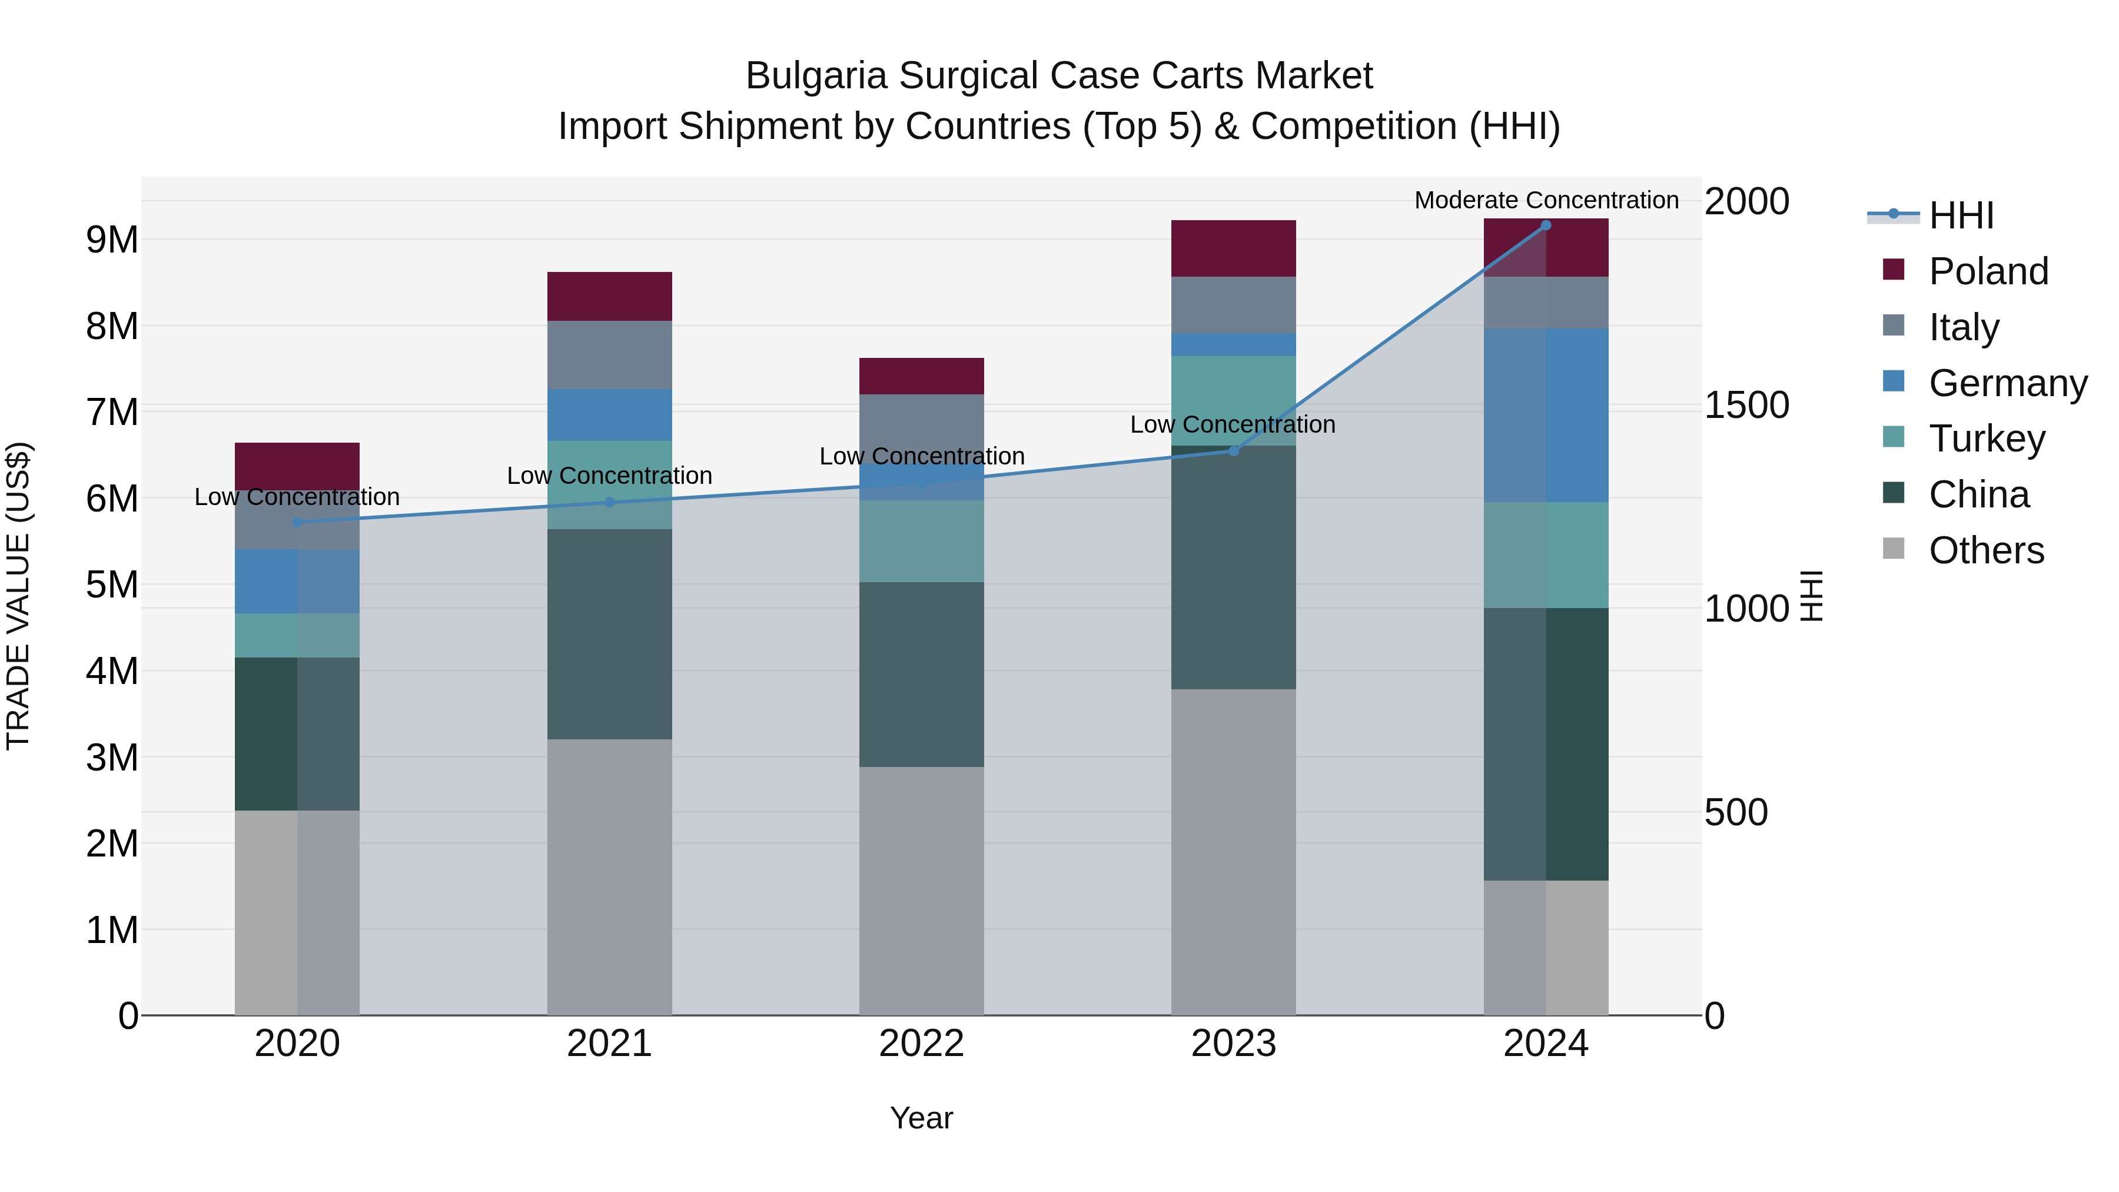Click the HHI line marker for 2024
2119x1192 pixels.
[x=1546, y=225]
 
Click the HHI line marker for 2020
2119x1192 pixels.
[x=297, y=522]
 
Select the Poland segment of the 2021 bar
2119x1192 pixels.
[x=610, y=296]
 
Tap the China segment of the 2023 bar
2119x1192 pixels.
[x=1233, y=567]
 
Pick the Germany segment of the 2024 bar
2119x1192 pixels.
[x=1546, y=416]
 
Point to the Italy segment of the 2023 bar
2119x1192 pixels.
[x=1233, y=304]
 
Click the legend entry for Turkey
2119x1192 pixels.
[x=1987, y=439]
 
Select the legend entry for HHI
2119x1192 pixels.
[x=1961, y=215]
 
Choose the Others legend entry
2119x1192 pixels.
[x=1986, y=550]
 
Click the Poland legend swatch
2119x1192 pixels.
[x=1894, y=270]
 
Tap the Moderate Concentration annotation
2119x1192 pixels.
[x=1546, y=200]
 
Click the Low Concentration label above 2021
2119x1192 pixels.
[x=610, y=476]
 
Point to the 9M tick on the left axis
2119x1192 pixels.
[x=112, y=240]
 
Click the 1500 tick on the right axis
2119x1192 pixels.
[x=1746, y=405]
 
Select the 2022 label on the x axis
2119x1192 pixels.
[x=921, y=1044]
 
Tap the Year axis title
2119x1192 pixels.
[x=921, y=1118]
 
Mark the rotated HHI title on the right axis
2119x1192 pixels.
[x=1811, y=596]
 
